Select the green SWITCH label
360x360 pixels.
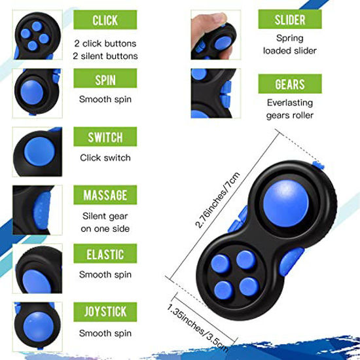[105, 137]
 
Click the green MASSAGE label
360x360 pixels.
[105, 195]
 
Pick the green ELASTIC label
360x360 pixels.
[105, 253]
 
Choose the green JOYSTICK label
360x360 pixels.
[105, 311]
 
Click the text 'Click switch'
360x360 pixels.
[105, 158]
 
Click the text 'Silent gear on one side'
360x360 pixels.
[105, 222]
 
